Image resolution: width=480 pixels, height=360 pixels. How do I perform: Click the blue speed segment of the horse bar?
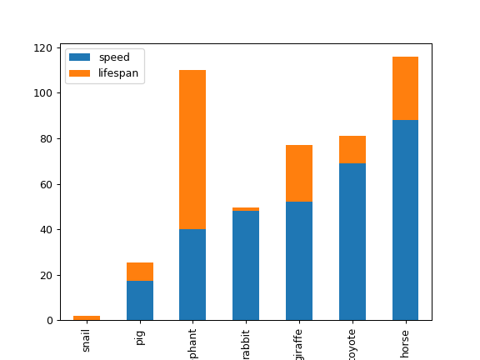click(x=405, y=220)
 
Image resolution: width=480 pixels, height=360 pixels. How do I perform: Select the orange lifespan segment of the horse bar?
click(x=405, y=88)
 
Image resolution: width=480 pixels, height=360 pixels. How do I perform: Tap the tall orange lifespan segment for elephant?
click(x=192, y=150)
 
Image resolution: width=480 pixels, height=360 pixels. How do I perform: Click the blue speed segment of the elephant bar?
click(x=192, y=275)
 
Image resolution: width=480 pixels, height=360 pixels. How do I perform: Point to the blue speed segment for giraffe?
click(x=299, y=261)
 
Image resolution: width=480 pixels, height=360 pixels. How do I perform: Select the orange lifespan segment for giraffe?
click(x=299, y=173)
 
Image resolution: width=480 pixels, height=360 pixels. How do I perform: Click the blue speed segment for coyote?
click(x=352, y=242)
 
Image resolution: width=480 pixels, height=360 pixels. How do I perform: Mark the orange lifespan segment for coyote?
click(x=352, y=150)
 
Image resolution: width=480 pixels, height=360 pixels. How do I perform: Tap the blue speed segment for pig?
click(x=140, y=301)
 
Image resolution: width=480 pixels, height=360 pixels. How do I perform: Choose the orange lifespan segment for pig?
click(x=140, y=272)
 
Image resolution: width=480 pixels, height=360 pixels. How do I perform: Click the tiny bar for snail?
click(x=87, y=318)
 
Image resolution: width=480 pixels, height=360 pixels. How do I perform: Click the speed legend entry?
click(x=113, y=57)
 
